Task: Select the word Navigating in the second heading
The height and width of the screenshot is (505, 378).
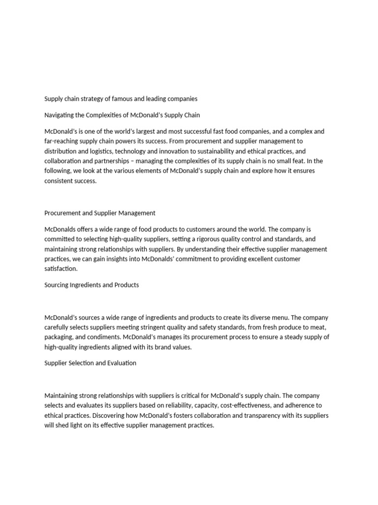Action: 60,115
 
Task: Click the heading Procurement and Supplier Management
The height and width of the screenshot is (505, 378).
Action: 100,213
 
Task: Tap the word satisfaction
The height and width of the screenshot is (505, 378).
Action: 61,269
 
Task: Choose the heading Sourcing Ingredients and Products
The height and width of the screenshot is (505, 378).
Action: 92,285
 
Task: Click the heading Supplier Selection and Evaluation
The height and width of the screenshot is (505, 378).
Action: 91,363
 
